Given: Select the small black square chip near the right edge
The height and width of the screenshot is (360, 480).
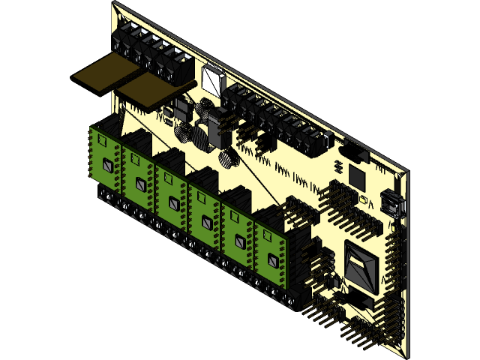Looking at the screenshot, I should point(355,178).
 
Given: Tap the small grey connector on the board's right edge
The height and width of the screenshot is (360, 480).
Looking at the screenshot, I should point(391,202).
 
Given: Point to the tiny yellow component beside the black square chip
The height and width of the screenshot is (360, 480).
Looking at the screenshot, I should point(365,200).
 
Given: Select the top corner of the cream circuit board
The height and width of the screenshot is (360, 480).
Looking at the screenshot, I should point(114,4).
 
